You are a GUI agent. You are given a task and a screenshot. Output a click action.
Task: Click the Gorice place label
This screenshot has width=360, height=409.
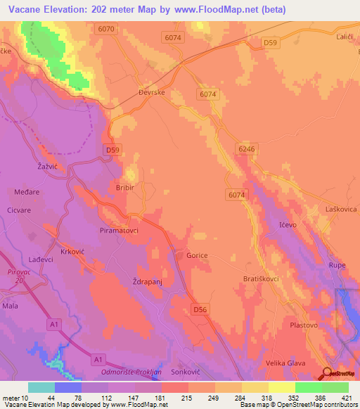(197, 256)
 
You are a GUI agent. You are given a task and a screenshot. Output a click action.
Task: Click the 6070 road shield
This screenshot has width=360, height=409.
(107, 29)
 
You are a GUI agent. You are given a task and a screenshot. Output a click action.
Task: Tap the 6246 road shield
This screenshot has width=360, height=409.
(245, 149)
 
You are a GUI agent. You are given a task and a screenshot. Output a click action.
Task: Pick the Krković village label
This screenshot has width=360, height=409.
(72, 251)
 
